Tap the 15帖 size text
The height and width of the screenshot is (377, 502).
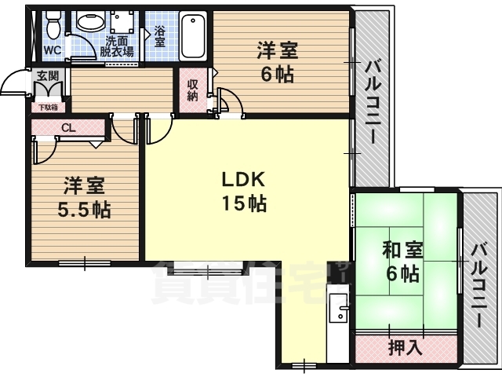(x=243, y=204)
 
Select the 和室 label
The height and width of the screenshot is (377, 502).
(x=402, y=251)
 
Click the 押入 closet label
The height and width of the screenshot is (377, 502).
(x=405, y=346)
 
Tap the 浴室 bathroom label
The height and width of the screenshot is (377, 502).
(x=160, y=36)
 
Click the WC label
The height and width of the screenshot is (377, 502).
(x=53, y=49)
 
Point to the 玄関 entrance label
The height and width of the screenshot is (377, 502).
(x=45, y=75)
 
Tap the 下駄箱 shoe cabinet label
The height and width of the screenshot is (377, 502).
(x=47, y=108)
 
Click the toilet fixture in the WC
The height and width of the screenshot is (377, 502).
(x=53, y=28)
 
